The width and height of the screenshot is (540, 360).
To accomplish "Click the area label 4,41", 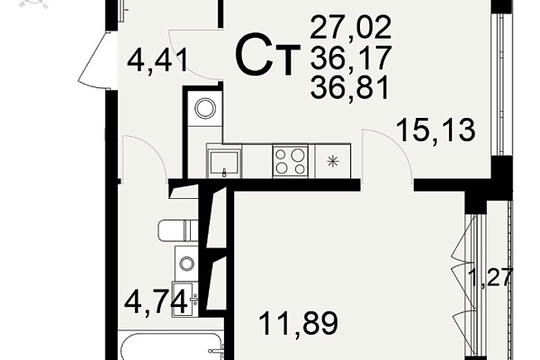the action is [157, 60].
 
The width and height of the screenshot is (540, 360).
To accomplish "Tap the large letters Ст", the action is [267, 55].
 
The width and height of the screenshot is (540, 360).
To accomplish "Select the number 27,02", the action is [351, 27].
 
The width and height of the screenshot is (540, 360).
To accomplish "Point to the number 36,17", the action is [351, 58].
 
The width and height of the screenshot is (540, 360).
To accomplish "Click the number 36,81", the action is [350, 87].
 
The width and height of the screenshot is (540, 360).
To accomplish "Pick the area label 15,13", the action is [436, 130].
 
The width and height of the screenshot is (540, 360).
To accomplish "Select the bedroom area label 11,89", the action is [298, 323].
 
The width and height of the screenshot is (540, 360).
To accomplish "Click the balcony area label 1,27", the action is [490, 277].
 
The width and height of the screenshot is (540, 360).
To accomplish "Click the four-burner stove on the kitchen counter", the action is [291, 161].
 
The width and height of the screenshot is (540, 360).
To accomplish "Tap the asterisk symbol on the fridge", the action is [333, 162].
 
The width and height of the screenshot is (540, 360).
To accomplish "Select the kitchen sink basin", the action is [224, 162].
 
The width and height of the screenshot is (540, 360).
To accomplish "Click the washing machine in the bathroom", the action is [187, 263].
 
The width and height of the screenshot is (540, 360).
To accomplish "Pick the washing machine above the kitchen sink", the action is [205, 109].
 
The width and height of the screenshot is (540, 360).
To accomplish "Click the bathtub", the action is [171, 346].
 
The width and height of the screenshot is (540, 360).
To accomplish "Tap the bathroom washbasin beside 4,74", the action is [185, 299].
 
